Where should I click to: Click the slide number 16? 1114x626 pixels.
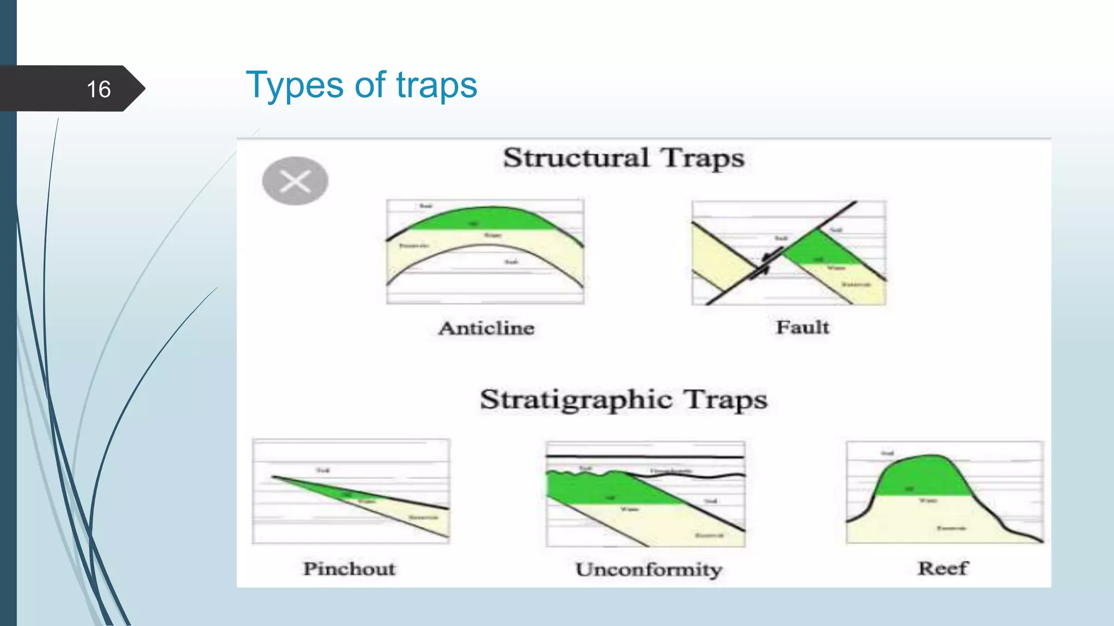98,89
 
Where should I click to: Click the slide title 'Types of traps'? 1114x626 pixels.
361,85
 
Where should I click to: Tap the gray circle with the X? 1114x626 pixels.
295,181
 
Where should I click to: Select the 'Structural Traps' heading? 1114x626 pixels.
623,158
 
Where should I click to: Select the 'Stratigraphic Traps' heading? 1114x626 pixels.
623,400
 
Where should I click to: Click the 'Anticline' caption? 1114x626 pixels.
486,328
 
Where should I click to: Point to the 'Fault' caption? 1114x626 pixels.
802,327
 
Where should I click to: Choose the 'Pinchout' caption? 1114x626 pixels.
349,568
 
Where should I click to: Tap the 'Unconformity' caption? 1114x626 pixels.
648,569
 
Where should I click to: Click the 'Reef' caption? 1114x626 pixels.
943,568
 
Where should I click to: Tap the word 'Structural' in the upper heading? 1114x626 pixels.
576,158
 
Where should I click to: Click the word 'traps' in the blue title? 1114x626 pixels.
436,85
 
